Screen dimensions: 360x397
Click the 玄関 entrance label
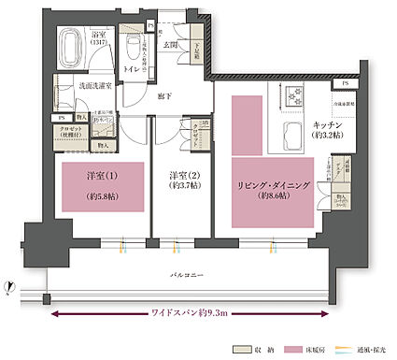(171, 43)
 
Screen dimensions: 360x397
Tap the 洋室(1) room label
(89, 176)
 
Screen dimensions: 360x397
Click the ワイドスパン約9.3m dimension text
(191, 313)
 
